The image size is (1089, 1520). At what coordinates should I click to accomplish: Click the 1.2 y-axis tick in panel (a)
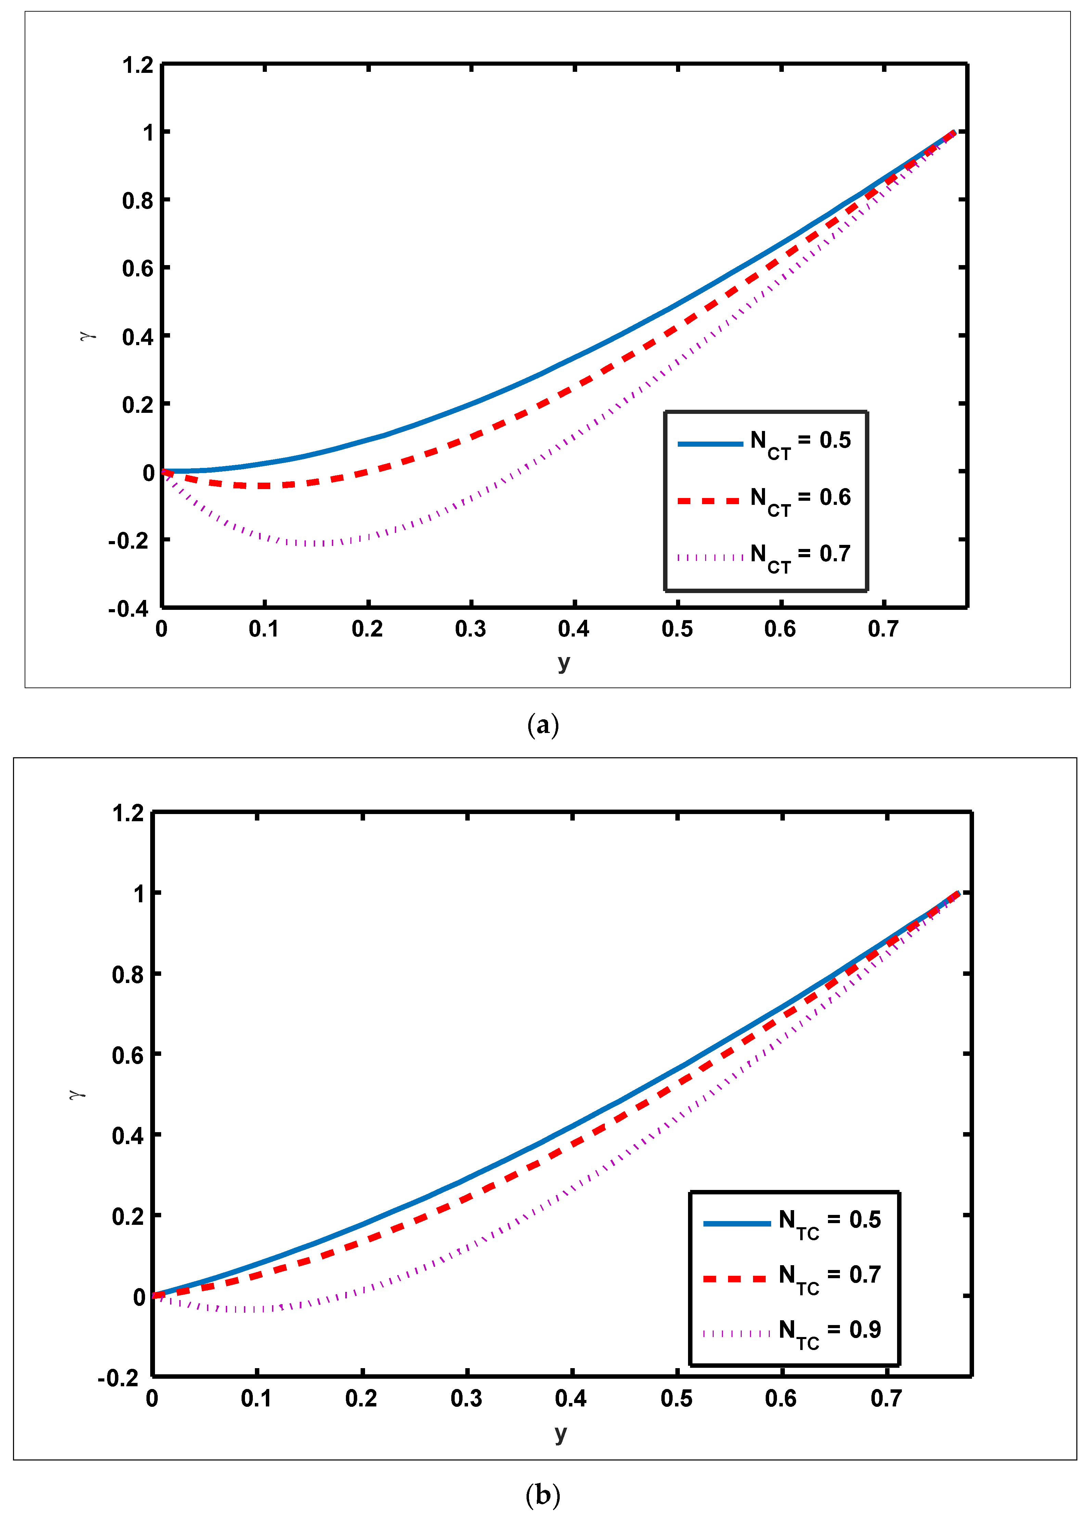click(x=138, y=65)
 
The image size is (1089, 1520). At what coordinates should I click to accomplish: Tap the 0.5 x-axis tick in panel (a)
click(x=677, y=629)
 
